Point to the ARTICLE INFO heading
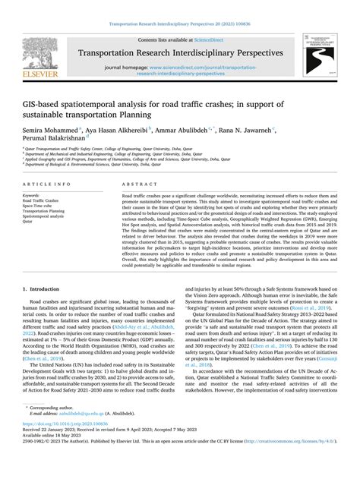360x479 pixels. (x=46, y=184)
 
